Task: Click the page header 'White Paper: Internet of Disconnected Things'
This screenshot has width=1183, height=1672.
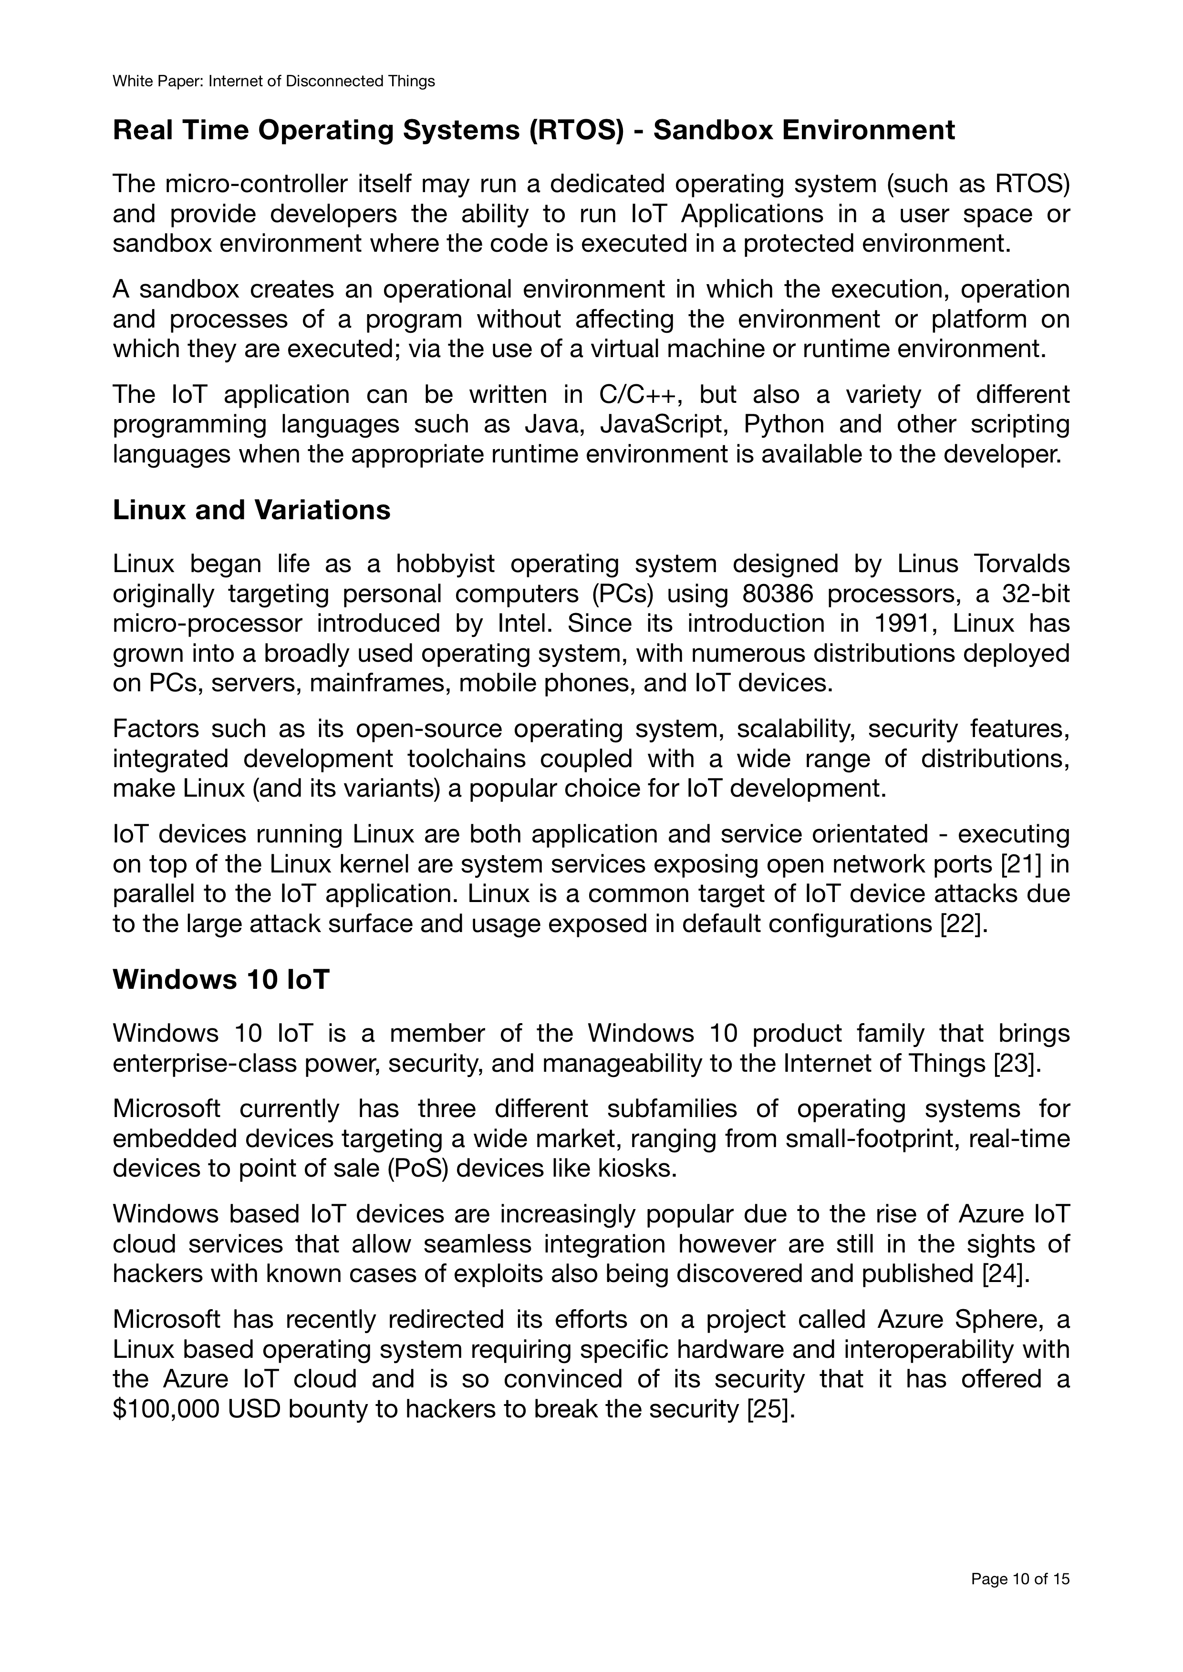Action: coord(273,82)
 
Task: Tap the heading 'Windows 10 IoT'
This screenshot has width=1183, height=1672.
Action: coord(221,979)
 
